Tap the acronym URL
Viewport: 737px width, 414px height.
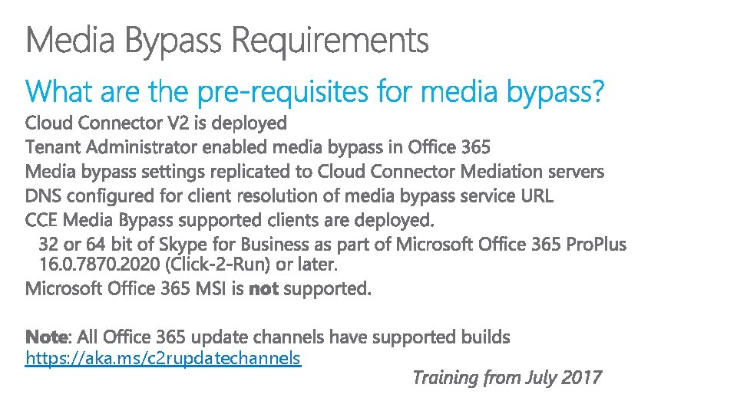(x=536, y=195)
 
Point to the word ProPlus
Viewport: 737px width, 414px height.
(x=596, y=245)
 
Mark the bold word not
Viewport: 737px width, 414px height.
(x=263, y=289)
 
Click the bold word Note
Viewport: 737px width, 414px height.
(x=47, y=337)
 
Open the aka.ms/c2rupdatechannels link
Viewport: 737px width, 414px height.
(x=163, y=358)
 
